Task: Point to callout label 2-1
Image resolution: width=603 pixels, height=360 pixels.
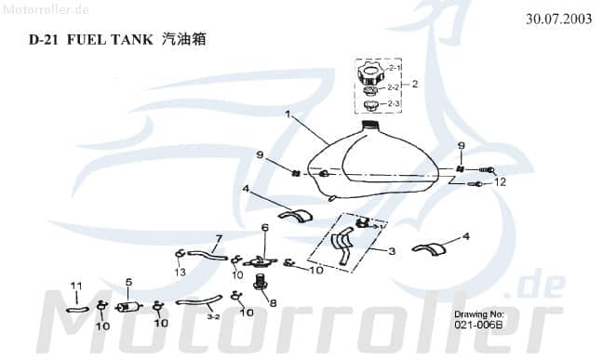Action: tap(395, 69)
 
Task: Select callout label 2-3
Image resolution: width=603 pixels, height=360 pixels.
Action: tap(394, 103)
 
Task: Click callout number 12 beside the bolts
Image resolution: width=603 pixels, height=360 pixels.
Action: tap(500, 181)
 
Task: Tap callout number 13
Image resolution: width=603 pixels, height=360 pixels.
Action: tap(179, 271)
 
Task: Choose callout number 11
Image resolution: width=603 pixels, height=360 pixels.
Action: tap(77, 285)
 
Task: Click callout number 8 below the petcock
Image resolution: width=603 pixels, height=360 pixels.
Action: tap(273, 302)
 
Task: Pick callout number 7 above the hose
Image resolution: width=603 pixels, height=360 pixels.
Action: tap(218, 237)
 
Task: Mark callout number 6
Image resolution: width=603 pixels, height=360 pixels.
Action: tap(264, 227)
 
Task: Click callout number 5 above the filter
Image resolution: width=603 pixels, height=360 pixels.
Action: tap(128, 282)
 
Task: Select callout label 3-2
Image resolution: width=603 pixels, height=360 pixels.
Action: tap(212, 316)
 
